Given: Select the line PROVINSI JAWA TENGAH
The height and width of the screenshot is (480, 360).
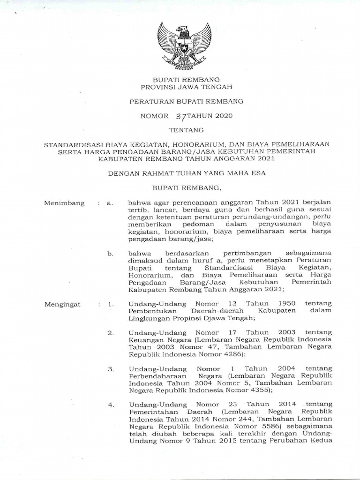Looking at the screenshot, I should [180, 87].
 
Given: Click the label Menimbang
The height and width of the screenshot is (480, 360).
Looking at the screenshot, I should [64, 203].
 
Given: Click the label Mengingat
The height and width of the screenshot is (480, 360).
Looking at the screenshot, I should [63, 304].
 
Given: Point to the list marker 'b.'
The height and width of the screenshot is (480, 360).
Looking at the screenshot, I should [111, 254].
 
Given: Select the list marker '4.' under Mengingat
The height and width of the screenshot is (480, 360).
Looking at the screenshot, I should [111, 405].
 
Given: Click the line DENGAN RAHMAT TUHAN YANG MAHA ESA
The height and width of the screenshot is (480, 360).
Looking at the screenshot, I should [180, 173].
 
